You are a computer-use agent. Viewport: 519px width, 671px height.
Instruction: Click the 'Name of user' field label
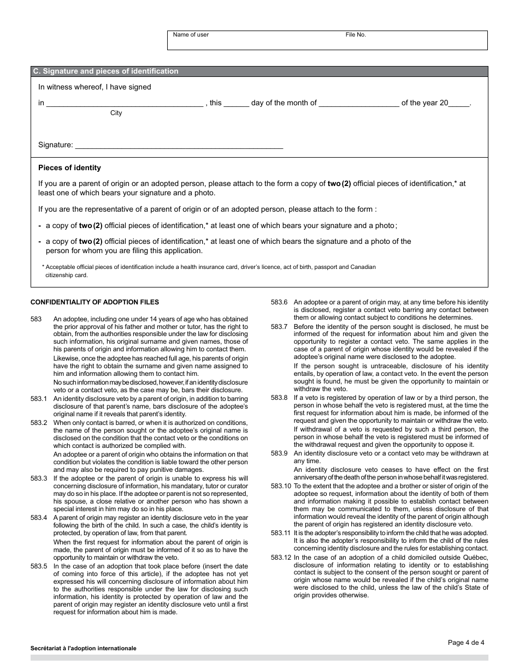point(191,35)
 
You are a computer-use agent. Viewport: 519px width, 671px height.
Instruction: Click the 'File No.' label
point(356,35)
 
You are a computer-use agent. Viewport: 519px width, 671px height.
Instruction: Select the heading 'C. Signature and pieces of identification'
point(105,71)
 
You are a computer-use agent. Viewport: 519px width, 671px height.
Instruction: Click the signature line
point(179,146)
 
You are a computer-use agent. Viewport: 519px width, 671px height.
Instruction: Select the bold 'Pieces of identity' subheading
point(69,168)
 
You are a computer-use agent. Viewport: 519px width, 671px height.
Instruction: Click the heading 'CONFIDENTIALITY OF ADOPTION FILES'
point(95,302)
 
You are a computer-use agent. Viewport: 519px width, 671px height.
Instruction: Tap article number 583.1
point(39,398)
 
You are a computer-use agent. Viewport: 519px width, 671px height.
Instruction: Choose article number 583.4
point(39,518)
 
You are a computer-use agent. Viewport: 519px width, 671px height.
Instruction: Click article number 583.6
point(279,302)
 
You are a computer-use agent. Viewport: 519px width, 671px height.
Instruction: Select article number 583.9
point(279,453)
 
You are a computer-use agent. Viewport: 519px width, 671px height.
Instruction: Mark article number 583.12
point(281,558)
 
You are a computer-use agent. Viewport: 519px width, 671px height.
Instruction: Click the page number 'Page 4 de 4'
point(466,643)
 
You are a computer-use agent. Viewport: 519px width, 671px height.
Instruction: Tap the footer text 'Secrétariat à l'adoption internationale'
point(84,649)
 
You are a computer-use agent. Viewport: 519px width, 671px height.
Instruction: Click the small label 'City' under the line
point(116,113)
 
